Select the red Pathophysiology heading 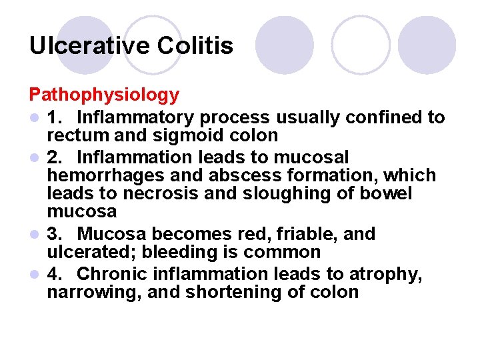click(104, 95)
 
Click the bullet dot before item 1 click(34, 119)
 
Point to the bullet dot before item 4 click(34, 275)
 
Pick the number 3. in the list click(57, 235)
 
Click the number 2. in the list click(57, 157)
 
